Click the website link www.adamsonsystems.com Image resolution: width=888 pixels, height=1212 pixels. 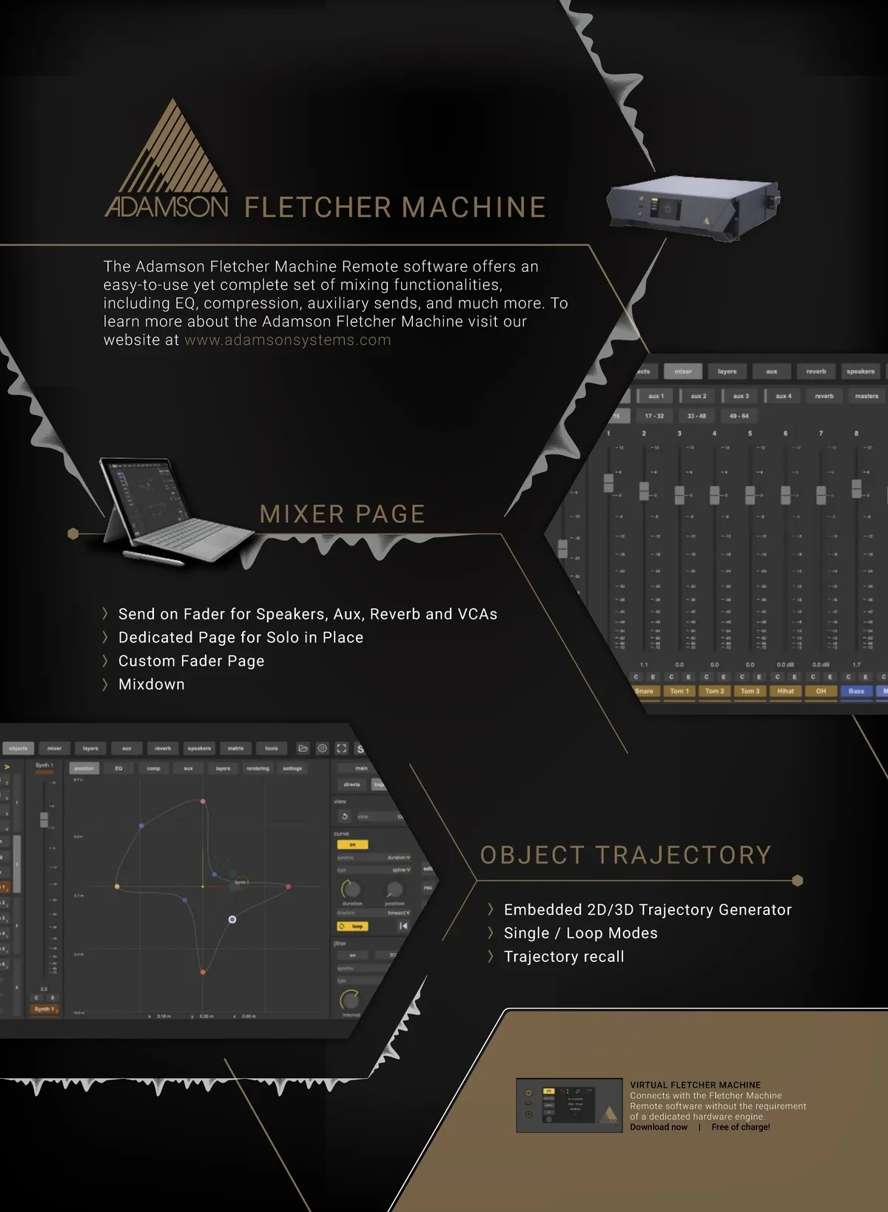tap(287, 340)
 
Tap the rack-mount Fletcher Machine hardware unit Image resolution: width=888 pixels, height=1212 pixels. tap(693, 206)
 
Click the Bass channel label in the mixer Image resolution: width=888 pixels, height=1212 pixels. tap(856, 691)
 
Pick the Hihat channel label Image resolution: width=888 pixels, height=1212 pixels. tap(785, 691)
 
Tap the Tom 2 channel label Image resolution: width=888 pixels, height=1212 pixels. tap(714, 691)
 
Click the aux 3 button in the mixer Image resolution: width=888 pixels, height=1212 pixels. tap(741, 396)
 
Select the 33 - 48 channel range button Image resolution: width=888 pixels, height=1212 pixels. tap(696, 416)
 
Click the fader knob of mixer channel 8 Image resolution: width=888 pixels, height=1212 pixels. tap(856, 488)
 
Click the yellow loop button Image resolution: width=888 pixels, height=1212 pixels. tap(352, 926)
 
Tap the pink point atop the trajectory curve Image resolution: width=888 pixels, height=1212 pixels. tap(203, 801)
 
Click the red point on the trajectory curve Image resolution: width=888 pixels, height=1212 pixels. tap(288, 886)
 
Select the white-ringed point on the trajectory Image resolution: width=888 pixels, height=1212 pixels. tap(232, 919)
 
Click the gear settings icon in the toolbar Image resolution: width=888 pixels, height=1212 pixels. tap(323, 749)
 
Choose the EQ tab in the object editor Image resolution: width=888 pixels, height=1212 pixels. tap(118, 768)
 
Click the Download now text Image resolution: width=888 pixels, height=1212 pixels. tap(659, 1127)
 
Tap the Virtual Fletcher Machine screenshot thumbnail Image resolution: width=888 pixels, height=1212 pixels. tap(568, 1105)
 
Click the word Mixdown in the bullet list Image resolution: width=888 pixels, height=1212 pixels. tap(152, 684)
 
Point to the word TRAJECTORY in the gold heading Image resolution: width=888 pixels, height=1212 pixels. tap(683, 855)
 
